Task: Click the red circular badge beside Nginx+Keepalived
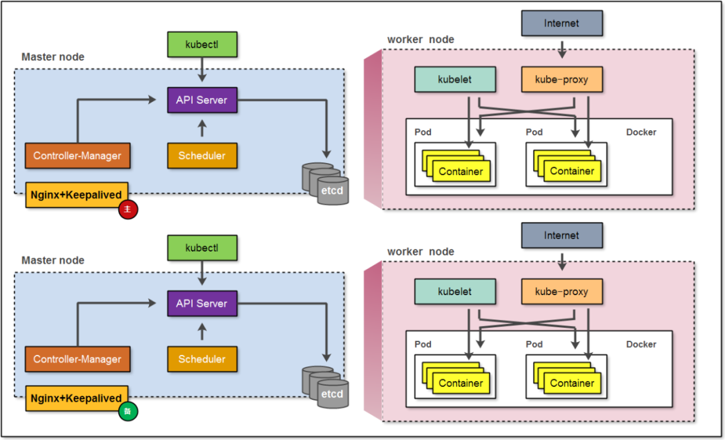128,210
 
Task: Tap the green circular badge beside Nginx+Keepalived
128,411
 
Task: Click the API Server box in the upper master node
202,100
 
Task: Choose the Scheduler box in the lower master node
202,359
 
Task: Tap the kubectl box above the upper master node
202,44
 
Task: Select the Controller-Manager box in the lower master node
77,359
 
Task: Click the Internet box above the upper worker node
562,23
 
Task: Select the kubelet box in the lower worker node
455,292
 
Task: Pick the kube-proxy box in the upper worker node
562,79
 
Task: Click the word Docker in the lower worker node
641,344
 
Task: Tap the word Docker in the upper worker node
641,132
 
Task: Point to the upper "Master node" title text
53,57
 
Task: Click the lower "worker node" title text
421,252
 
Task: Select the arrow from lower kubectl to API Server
202,275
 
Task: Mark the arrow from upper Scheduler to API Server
202,128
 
